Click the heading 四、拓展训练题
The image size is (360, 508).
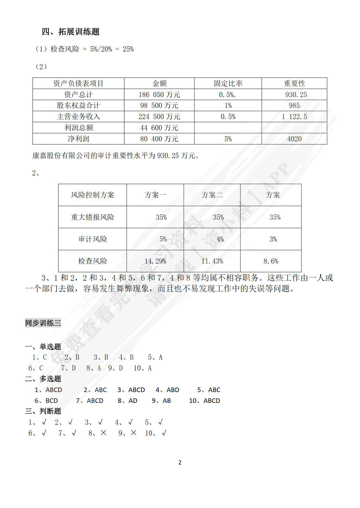[x=71, y=32]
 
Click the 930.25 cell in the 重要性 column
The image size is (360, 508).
[x=296, y=95]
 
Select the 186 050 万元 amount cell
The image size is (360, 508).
[x=159, y=95]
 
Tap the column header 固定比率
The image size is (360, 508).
[x=228, y=84]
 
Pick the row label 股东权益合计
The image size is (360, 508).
[x=78, y=105]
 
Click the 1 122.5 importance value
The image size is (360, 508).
[x=294, y=117]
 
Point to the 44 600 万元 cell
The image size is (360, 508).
[x=159, y=128]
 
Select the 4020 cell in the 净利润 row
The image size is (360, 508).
[x=294, y=139]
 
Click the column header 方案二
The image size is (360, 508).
[x=212, y=195]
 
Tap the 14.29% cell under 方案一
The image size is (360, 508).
[x=155, y=261]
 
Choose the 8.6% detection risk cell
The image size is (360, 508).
[x=271, y=261]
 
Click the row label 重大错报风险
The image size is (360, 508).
[x=92, y=217]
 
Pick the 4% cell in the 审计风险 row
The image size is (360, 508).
[x=220, y=239]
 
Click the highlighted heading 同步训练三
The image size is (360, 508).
[x=43, y=323]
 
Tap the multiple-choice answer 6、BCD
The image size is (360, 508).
[x=46, y=401]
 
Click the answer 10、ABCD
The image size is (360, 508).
[x=205, y=401]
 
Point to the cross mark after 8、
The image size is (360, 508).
[x=104, y=433]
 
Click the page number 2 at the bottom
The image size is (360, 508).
[x=180, y=462]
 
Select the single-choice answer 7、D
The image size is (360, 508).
[x=69, y=368]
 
